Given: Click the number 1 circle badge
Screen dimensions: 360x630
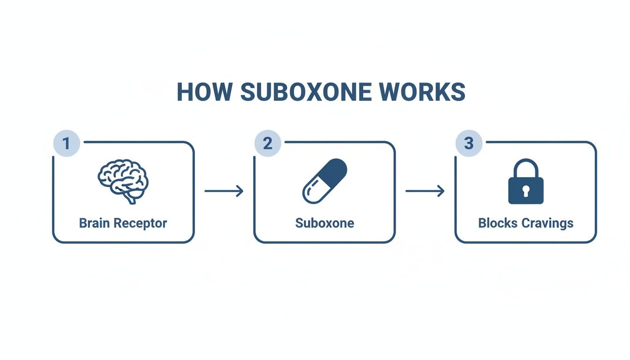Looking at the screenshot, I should pyautogui.click(x=66, y=143).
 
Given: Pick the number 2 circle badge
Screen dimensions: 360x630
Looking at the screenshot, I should pyautogui.click(x=267, y=143).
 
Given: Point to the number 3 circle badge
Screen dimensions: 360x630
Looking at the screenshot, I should pyautogui.click(x=469, y=143).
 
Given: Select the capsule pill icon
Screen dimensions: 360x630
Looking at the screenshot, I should pyautogui.click(x=324, y=181).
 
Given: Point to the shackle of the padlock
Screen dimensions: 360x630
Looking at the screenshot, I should pyautogui.click(x=525, y=167).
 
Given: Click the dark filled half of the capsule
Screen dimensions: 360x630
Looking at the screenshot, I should pyautogui.click(x=334, y=172).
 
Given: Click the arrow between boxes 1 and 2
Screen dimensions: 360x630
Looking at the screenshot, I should pyautogui.click(x=224, y=191).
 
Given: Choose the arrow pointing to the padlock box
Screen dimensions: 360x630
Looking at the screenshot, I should pyautogui.click(x=425, y=191).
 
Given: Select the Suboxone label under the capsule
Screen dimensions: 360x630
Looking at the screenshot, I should pyautogui.click(x=324, y=223).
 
